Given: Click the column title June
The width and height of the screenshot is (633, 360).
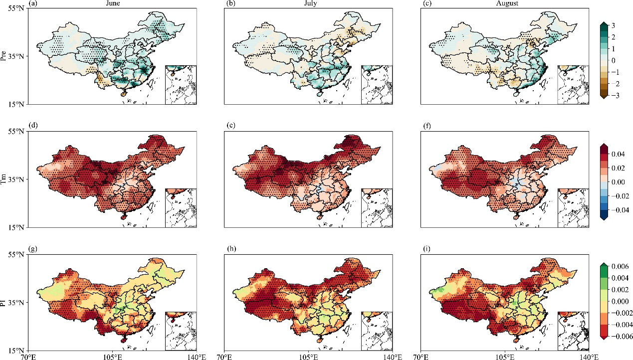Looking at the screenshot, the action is coord(113,3).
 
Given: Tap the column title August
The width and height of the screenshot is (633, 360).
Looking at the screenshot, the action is coord(507,3).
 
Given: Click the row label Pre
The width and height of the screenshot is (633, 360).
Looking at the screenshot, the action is coord(3,56).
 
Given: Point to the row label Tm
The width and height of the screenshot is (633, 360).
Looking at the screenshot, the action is coord(3,180).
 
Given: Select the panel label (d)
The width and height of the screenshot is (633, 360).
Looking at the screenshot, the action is coord(33,125).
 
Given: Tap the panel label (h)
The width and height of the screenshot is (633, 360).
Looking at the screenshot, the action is coord(231,248).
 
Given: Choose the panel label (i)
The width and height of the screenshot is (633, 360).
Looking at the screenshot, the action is coord(426,248).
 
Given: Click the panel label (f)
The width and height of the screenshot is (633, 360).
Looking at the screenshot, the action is coord(426,126).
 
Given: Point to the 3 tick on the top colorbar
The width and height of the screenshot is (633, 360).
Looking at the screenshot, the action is coord(613,26).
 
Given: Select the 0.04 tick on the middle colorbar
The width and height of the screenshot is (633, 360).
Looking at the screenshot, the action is coord(618,154).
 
